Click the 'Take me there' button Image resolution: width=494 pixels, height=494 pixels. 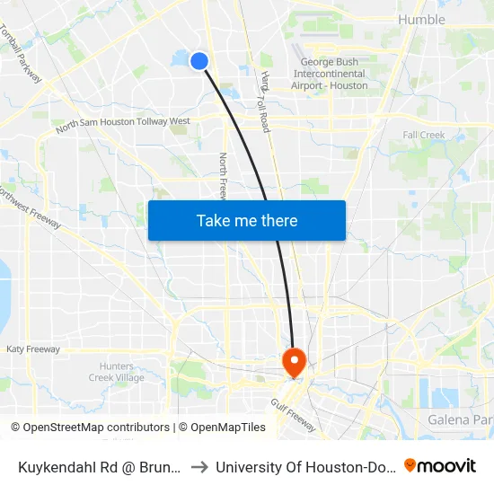click(x=247, y=220)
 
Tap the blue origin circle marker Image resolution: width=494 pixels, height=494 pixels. click(x=199, y=60)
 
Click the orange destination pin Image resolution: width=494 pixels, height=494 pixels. click(x=294, y=362)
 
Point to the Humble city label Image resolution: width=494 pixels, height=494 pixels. click(x=420, y=20)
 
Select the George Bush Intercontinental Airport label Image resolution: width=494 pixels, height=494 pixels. click(x=329, y=74)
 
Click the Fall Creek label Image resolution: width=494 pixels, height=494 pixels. click(x=424, y=135)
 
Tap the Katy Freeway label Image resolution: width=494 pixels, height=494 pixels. click(x=33, y=348)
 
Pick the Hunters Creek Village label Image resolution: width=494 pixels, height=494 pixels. click(x=117, y=372)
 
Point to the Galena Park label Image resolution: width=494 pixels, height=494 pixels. click(x=459, y=419)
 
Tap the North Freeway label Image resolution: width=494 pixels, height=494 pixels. click(x=224, y=175)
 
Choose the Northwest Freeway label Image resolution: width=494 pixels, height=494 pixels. click(x=31, y=207)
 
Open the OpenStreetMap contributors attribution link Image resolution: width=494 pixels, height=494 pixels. click(x=90, y=428)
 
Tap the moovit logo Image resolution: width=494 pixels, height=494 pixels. click(x=440, y=465)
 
